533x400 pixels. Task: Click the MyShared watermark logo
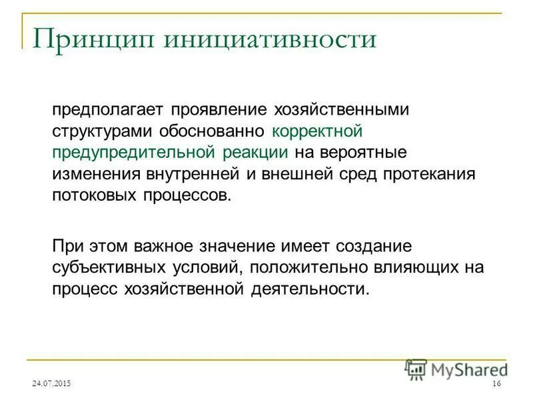[455, 369]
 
